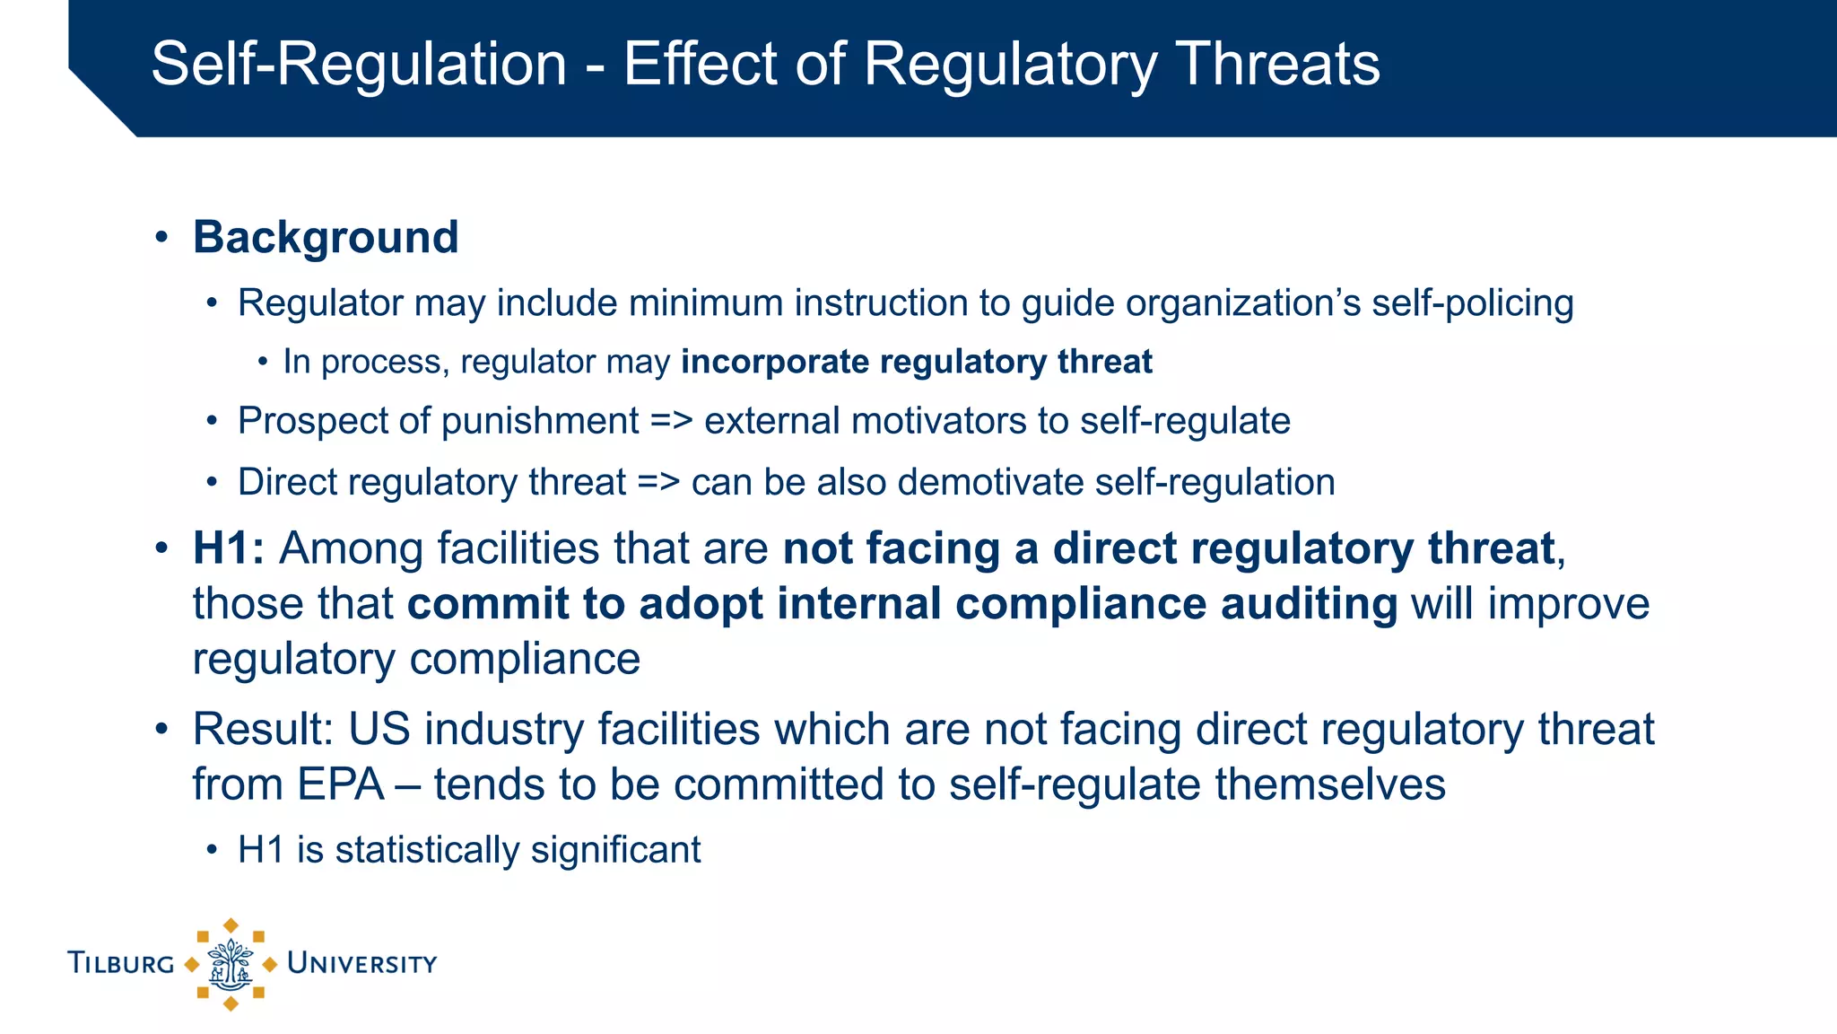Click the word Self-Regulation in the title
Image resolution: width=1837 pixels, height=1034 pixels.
tap(359, 65)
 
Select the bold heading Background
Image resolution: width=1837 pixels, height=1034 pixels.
tap(326, 238)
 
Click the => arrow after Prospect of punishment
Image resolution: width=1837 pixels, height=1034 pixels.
tap(671, 421)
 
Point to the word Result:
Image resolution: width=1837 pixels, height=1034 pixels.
tap(263, 729)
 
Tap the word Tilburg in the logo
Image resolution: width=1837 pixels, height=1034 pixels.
tap(121, 964)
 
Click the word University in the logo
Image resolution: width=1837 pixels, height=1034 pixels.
tap(361, 964)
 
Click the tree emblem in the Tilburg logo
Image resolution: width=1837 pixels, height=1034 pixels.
tap(231, 965)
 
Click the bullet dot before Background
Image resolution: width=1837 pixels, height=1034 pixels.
tap(161, 238)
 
